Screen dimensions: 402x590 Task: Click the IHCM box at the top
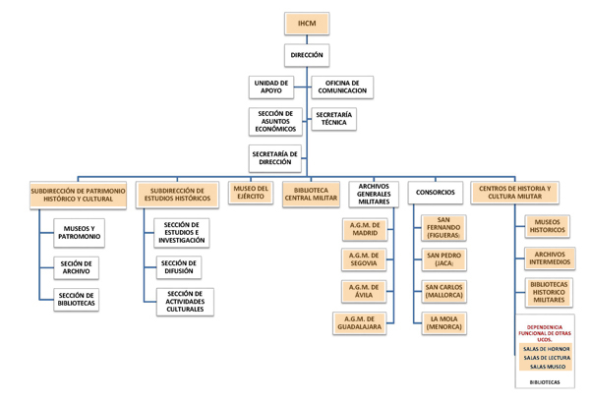[307, 23]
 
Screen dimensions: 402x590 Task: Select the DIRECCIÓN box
[307, 56]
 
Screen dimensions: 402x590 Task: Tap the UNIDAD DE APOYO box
[271, 87]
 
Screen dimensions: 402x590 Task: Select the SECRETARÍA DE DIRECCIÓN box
[274, 158]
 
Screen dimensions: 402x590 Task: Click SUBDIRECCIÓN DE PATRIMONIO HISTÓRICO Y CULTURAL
[78, 194]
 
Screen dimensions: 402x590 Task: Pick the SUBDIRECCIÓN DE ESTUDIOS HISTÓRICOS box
[180, 194]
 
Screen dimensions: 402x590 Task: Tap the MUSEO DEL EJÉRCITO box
[250, 193]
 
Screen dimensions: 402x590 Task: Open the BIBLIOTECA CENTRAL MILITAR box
[311, 193]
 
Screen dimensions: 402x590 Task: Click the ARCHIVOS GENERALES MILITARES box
[374, 193]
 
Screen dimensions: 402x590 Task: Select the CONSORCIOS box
[435, 193]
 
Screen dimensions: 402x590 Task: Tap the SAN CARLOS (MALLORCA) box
[443, 291]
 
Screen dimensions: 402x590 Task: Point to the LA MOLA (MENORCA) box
[443, 323]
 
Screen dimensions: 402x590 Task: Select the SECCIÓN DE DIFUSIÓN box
[178, 267]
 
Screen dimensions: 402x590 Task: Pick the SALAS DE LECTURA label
[546, 358]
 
